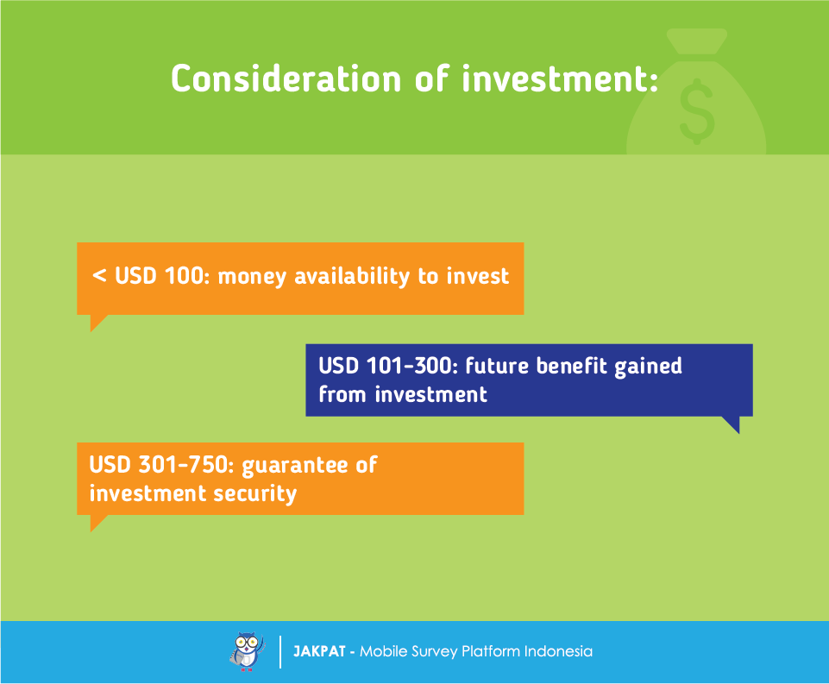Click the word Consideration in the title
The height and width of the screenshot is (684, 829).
coord(286,78)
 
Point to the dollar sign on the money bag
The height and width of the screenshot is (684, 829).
coord(697,111)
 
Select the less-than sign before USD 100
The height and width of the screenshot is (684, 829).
coord(99,275)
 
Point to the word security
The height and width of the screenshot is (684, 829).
coord(254,494)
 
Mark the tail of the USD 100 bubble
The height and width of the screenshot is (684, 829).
coord(97,322)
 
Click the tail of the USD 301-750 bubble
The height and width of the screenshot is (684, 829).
coord(97,522)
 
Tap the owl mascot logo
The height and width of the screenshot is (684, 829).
coord(247,652)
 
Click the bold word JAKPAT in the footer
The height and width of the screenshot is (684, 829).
coord(319,651)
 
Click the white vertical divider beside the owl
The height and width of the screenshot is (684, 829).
coord(280,652)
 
